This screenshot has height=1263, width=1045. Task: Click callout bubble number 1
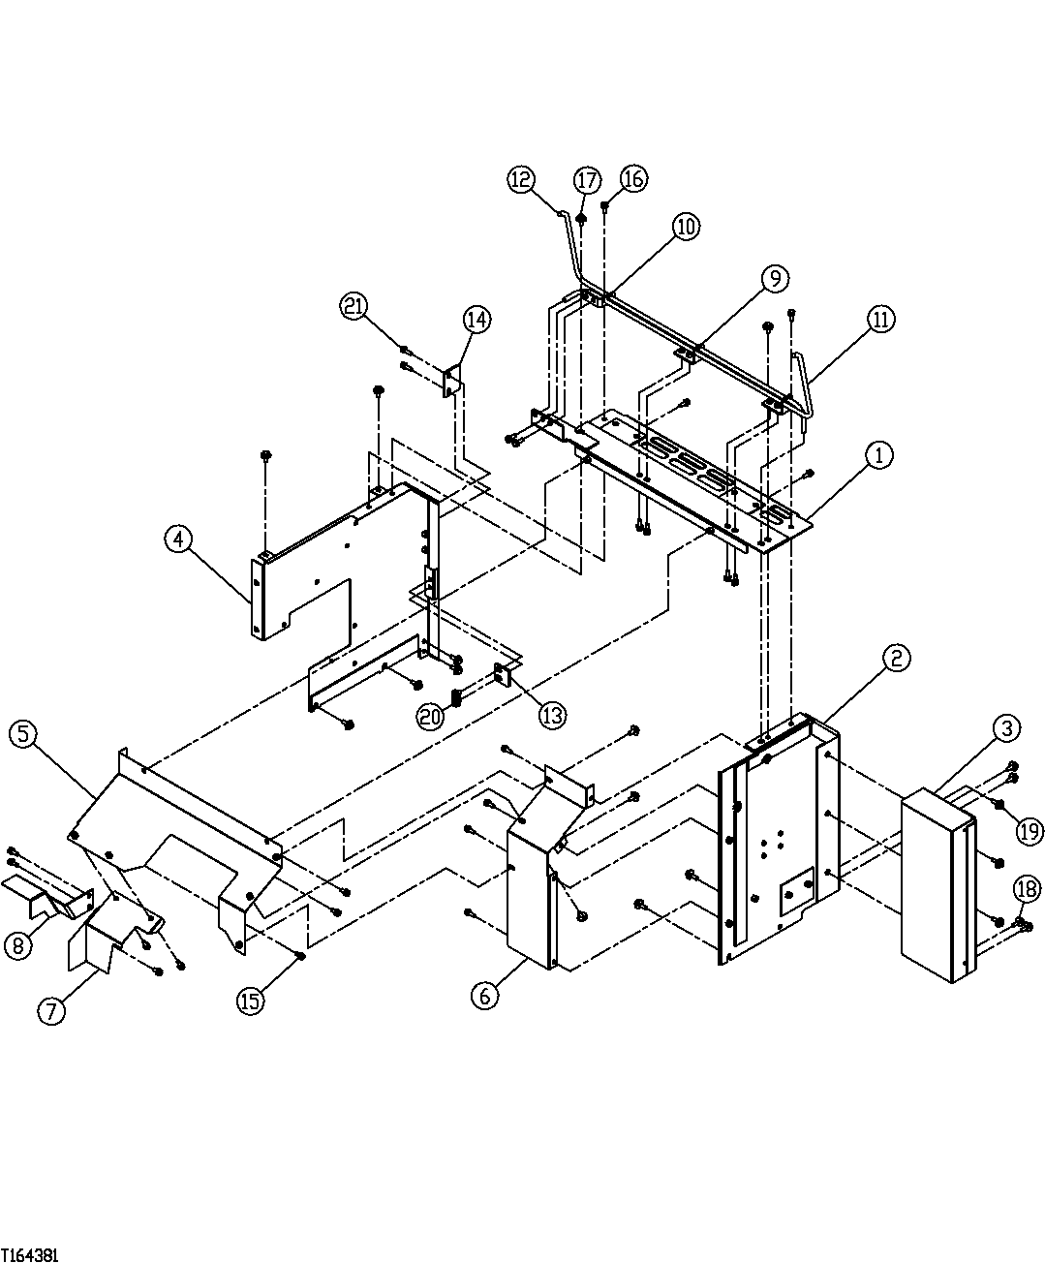pos(879,454)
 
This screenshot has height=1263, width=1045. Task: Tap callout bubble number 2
pos(897,659)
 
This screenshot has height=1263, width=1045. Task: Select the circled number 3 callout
pos(1006,726)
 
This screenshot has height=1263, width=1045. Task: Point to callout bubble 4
pos(178,539)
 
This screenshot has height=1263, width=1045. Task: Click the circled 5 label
pos(23,733)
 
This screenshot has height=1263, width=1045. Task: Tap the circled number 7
pos(51,1011)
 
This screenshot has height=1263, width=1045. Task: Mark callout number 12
pos(520,178)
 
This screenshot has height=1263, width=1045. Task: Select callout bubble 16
pos(634,179)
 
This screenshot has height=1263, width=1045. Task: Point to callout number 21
pos(354,306)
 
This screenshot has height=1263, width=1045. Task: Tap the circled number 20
pos(432,716)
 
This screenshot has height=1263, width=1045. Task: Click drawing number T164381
pos(30,1254)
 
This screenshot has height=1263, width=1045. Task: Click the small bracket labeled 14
pos(451,381)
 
